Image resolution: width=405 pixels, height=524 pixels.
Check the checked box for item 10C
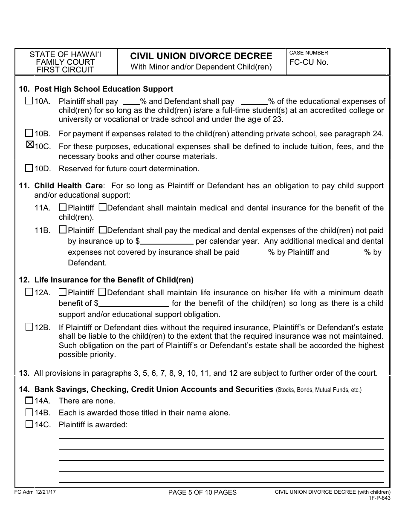29,145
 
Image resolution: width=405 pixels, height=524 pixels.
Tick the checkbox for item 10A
29,101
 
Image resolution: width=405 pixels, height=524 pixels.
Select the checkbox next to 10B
29,132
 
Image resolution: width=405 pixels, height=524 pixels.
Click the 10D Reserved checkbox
29,168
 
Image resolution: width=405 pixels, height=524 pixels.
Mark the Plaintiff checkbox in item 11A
63,207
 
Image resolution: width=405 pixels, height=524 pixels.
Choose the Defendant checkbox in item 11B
102,230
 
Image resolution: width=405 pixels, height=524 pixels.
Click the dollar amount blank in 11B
167,241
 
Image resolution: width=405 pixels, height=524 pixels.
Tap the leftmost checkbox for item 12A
29,292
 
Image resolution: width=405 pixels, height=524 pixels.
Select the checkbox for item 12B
29,327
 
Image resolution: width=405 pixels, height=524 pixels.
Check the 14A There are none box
29,400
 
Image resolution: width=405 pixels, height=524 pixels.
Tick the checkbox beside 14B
29,412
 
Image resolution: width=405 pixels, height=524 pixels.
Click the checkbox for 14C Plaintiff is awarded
29,424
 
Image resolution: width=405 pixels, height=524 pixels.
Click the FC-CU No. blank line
358,62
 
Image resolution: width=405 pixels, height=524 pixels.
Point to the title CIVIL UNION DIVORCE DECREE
201,56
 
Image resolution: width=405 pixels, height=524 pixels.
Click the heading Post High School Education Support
104,89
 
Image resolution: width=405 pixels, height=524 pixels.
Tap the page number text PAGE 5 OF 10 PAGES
202,492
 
